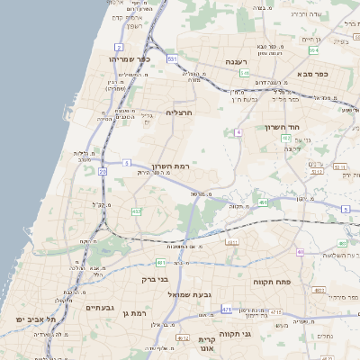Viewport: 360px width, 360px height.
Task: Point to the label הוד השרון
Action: (x=281, y=127)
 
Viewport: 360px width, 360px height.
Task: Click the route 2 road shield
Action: (x=119, y=47)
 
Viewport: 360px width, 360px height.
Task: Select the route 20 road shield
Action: (x=103, y=171)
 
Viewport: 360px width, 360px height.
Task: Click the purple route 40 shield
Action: (x=300, y=252)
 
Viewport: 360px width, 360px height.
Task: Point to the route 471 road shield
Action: (x=225, y=308)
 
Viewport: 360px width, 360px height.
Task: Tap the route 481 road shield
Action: (x=159, y=263)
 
